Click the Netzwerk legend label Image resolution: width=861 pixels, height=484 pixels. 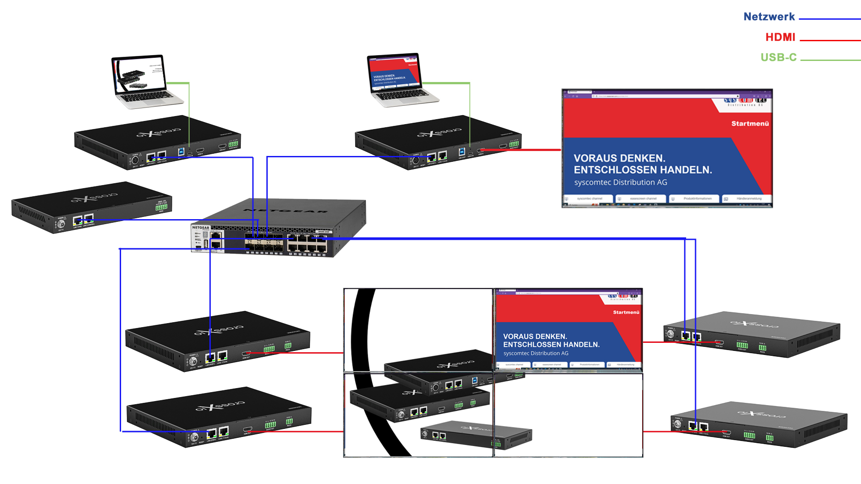[x=769, y=17]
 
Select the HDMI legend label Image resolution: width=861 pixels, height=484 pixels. [x=780, y=38]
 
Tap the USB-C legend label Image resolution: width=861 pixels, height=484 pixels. [x=778, y=58]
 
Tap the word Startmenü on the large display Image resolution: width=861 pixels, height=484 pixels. [x=750, y=124]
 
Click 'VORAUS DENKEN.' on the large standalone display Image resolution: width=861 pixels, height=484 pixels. [x=619, y=158]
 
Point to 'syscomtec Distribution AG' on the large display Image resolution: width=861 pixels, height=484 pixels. [x=620, y=182]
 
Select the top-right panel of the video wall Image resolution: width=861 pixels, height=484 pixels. [x=568, y=330]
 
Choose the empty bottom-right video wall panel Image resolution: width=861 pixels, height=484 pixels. [x=568, y=415]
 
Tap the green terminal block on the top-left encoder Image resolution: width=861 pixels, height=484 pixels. [x=233, y=144]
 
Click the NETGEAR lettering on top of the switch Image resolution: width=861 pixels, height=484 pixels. [x=286, y=211]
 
